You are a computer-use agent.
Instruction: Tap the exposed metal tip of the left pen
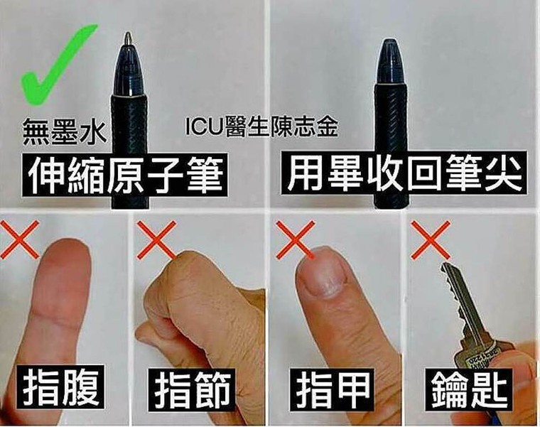[x=128, y=37]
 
